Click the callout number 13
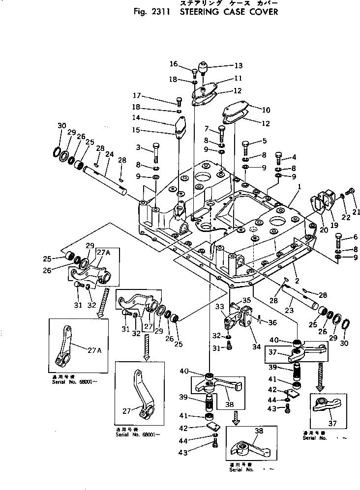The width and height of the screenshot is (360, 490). click(x=239, y=65)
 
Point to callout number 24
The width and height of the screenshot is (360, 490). click(x=110, y=154)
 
